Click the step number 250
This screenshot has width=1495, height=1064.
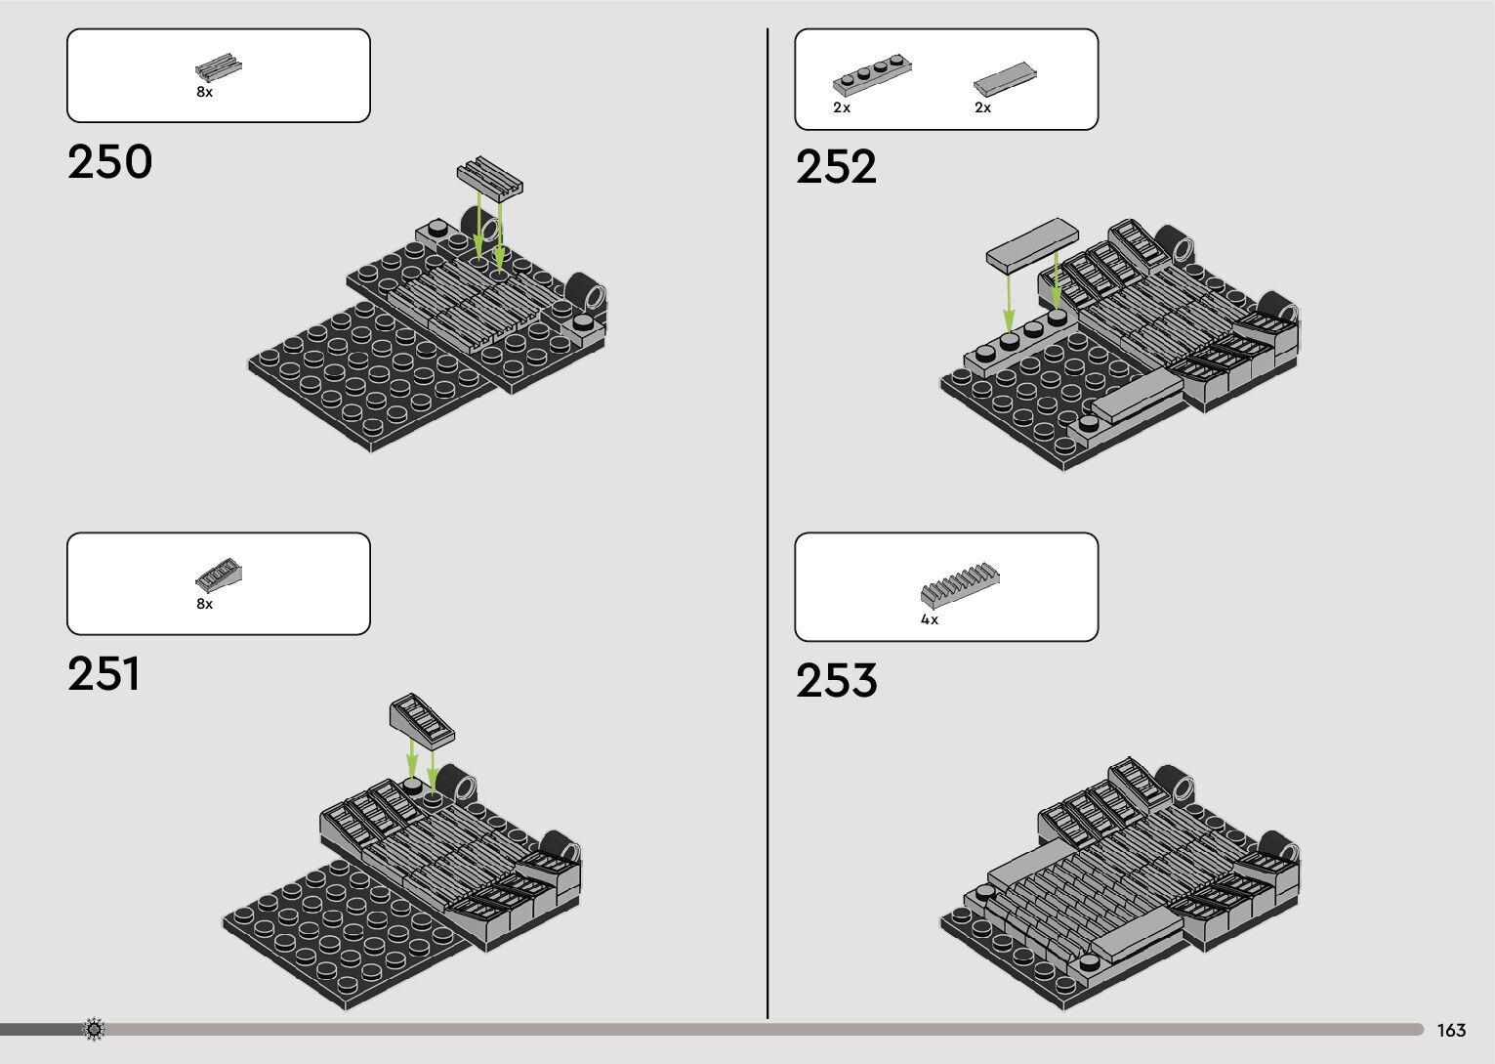(x=110, y=162)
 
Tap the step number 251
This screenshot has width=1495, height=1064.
(x=104, y=674)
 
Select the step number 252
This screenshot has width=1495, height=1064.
(x=836, y=167)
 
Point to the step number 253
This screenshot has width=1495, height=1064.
(x=836, y=681)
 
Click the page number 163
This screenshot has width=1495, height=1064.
(x=1451, y=1031)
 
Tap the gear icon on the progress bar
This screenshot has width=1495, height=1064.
(x=94, y=1029)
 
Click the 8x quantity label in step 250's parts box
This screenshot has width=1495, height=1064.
(x=204, y=92)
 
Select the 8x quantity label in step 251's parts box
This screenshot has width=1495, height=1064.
(x=204, y=604)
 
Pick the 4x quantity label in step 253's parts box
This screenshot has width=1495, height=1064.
(x=930, y=619)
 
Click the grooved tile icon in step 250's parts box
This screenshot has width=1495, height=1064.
(x=219, y=66)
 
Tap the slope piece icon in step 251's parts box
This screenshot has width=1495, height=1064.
(x=219, y=575)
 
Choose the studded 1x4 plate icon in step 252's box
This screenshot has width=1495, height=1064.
(x=872, y=76)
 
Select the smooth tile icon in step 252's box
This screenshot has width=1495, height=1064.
(x=1005, y=78)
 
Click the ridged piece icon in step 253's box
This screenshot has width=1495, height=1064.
(x=960, y=583)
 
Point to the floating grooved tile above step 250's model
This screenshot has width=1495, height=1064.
(x=490, y=175)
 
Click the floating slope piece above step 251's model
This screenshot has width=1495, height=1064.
(x=422, y=719)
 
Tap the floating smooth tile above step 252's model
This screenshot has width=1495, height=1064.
(x=1032, y=242)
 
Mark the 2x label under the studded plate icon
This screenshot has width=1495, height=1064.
(x=842, y=107)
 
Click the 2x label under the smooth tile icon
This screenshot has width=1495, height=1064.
(x=982, y=107)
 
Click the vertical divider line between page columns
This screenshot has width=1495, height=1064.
(x=768, y=528)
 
